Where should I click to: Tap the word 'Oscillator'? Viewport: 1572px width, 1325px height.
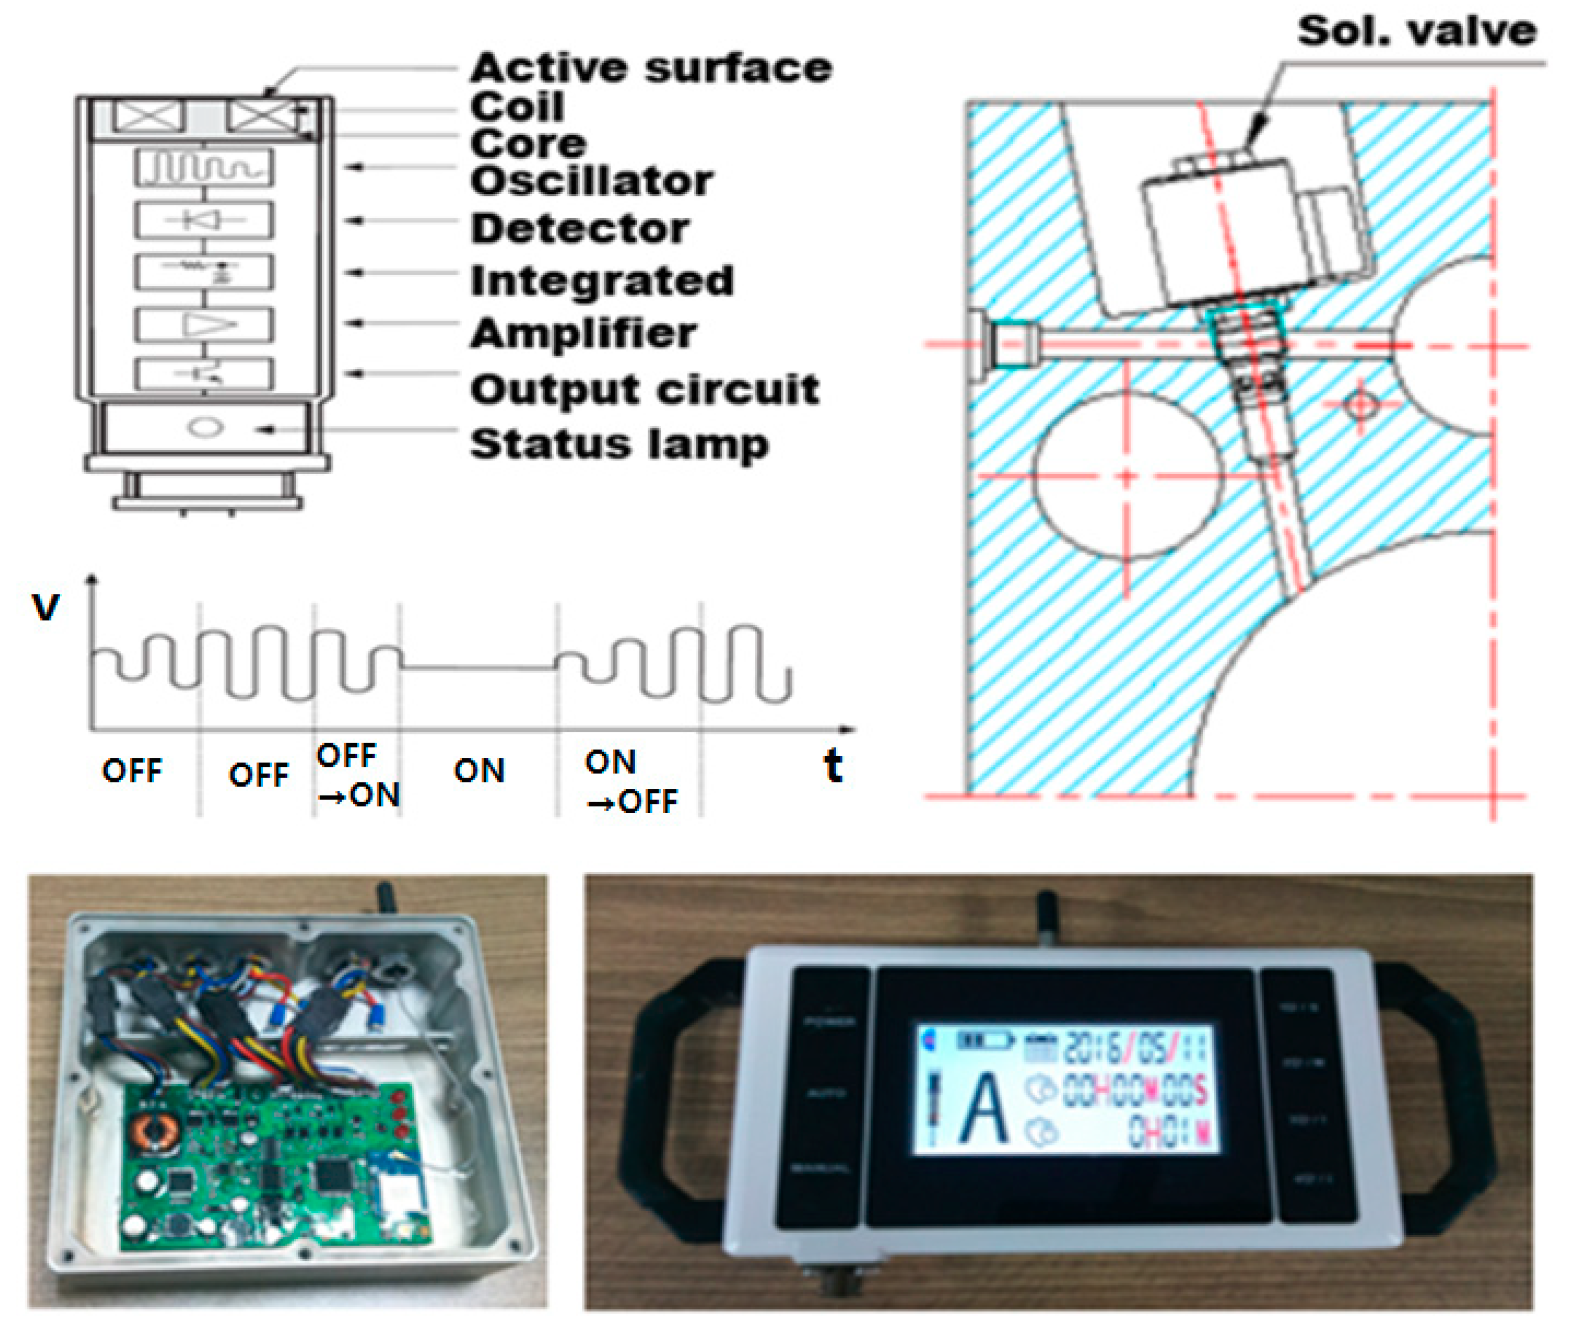pos(591,182)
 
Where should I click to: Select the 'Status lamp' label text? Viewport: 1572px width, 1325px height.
pos(619,444)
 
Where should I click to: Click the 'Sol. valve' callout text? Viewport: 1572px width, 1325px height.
pos(1416,32)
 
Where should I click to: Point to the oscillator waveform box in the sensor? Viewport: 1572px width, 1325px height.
pos(204,167)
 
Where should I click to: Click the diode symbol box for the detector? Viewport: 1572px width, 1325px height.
pos(204,220)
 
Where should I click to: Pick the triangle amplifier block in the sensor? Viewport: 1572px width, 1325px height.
pos(204,324)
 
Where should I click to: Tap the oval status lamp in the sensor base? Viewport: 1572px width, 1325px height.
pos(204,427)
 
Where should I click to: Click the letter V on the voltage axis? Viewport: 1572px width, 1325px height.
pos(45,607)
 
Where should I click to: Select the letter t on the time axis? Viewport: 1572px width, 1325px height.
pos(832,766)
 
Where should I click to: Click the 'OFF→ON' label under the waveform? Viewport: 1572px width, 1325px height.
pos(358,775)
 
